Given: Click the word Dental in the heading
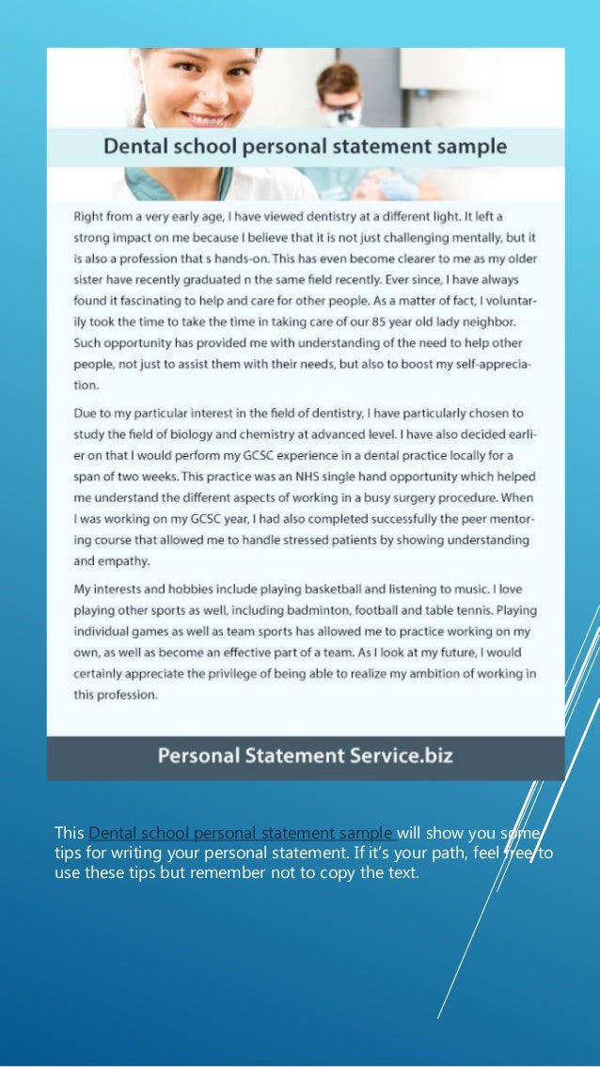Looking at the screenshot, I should point(135,148).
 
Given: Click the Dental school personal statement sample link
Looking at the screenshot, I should point(241,832).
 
